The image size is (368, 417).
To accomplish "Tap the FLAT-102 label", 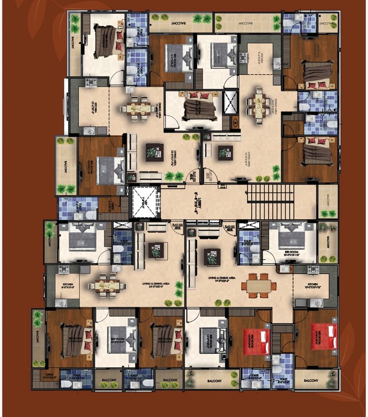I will tap(177, 225).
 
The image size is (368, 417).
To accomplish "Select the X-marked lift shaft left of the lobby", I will tap(146, 201).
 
